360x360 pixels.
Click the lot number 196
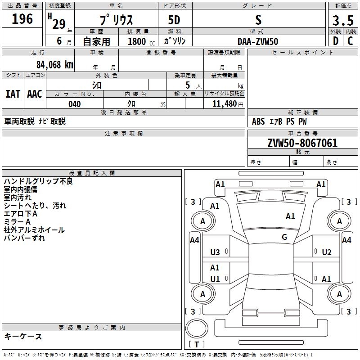(x=22, y=19)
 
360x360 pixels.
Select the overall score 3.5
(x=343, y=20)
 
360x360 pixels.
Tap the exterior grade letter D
(x=335, y=41)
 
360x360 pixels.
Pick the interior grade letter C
(x=350, y=41)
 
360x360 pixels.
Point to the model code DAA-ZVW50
(x=258, y=41)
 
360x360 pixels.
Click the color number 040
(x=74, y=104)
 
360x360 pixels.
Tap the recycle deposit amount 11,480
(x=224, y=104)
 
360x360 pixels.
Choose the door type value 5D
(x=175, y=20)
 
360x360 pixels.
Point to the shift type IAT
(x=13, y=94)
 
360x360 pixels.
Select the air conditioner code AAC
(x=35, y=94)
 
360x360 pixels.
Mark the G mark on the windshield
(x=284, y=237)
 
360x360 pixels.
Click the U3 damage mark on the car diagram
(x=215, y=252)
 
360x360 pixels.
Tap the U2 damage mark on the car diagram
(x=327, y=252)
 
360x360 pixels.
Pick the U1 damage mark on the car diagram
(x=215, y=279)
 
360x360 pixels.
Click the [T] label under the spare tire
(x=197, y=344)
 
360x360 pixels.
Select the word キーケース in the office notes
(x=23, y=337)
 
